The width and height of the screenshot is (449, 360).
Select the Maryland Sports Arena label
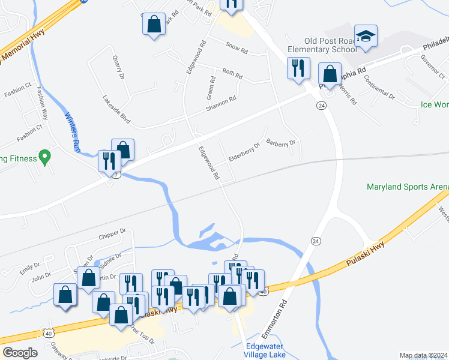point(408,187)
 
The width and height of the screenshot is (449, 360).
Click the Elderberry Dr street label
point(244,154)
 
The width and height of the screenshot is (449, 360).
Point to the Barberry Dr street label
point(282,143)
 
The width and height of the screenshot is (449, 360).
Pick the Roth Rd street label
point(232,74)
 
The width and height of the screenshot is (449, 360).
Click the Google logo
point(20,352)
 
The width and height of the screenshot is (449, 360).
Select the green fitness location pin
point(44,158)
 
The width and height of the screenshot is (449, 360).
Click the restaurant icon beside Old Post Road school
point(298,68)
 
